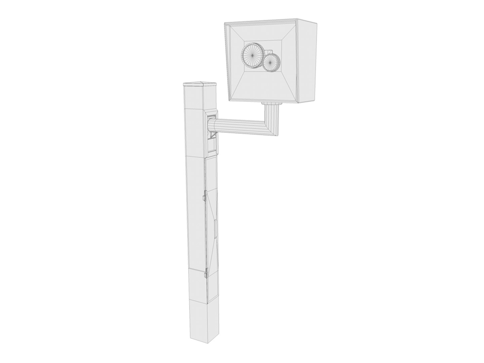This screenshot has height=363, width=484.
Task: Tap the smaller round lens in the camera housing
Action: coord(271,62)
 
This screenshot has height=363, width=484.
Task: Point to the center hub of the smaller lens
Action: coord(271,62)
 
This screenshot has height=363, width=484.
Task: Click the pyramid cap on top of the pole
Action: coord(200,84)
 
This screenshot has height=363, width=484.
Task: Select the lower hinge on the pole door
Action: coord(205,274)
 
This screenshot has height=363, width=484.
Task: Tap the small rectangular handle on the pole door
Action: coord(215,227)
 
